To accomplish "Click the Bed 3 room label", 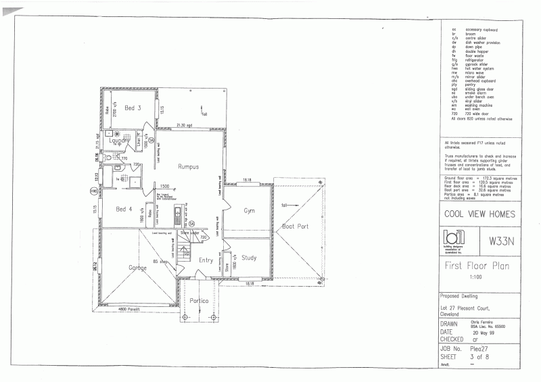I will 133,108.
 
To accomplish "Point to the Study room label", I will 248,258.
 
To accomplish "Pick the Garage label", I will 138,268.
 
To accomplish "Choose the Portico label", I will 198,300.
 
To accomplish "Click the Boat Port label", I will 295,226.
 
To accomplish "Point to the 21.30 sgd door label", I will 184,126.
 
